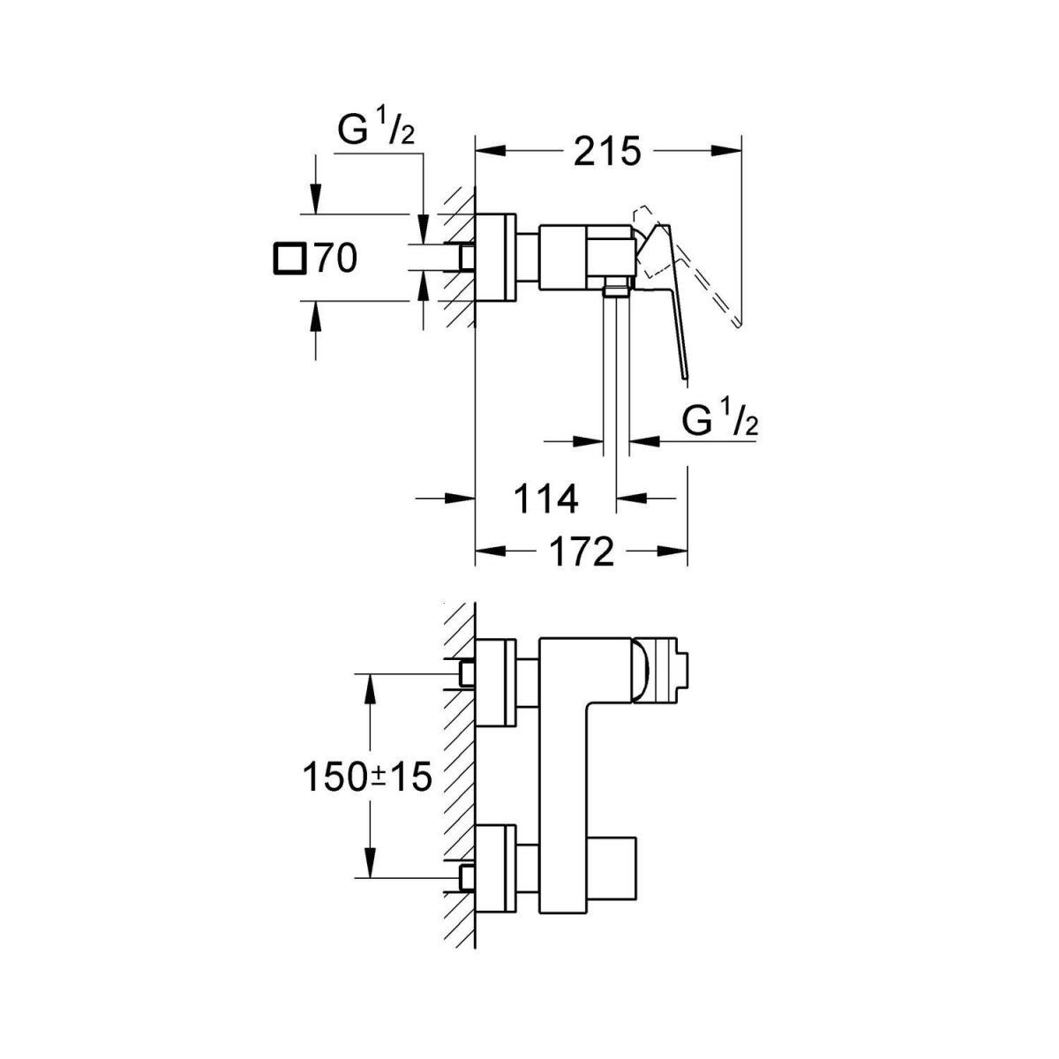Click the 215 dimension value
[606, 152]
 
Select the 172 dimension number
[581, 552]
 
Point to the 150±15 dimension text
[366, 777]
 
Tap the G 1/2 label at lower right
[720, 422]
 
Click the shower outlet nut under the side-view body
[615, 287]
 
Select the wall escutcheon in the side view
[494, 257]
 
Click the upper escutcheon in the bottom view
[495, 682]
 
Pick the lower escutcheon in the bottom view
[495, 870]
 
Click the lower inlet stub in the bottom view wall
[466, 877]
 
